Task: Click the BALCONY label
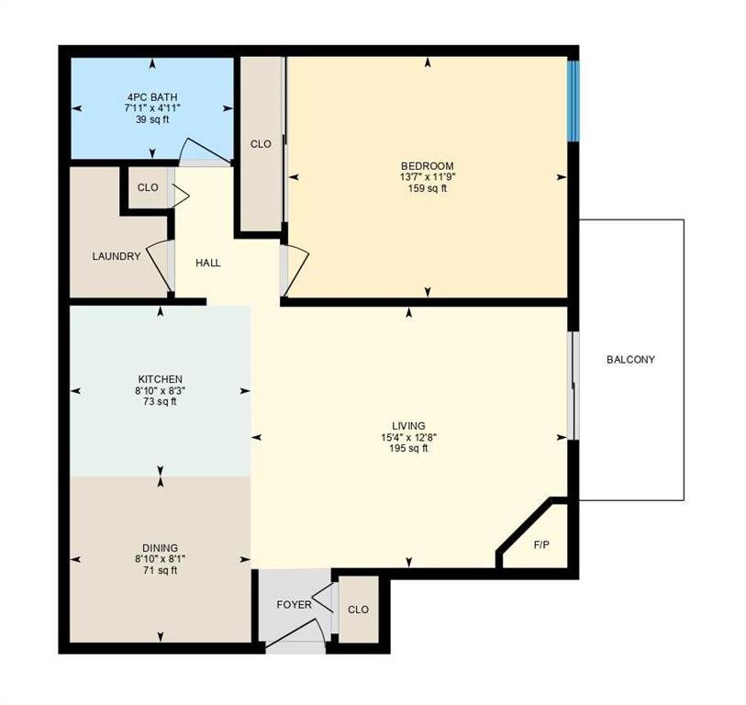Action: tap(630, 360)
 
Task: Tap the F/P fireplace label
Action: tap(541, 544)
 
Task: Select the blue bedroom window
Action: tap(573, 101)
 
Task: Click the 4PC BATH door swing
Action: tap(205, 149)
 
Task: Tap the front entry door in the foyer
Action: tap(295, 633)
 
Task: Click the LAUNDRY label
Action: tap(117, 256)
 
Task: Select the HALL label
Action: tap(208, 263)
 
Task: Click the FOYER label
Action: tap(294, 605)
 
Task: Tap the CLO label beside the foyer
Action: tap(358, 610)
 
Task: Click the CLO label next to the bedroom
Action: tap(261, 144)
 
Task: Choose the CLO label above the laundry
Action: tap(148, 187)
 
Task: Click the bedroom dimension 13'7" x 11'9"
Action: tap(428, 177)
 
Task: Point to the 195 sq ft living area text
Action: tap(408, 448)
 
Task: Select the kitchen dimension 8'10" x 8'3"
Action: tap(160, 391)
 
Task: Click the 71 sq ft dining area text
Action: tap(161, 570)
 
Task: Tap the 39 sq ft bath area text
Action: tap(152, 119)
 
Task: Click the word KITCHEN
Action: tap(160, 379)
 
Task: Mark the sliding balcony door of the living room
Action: tap(573, 386)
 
